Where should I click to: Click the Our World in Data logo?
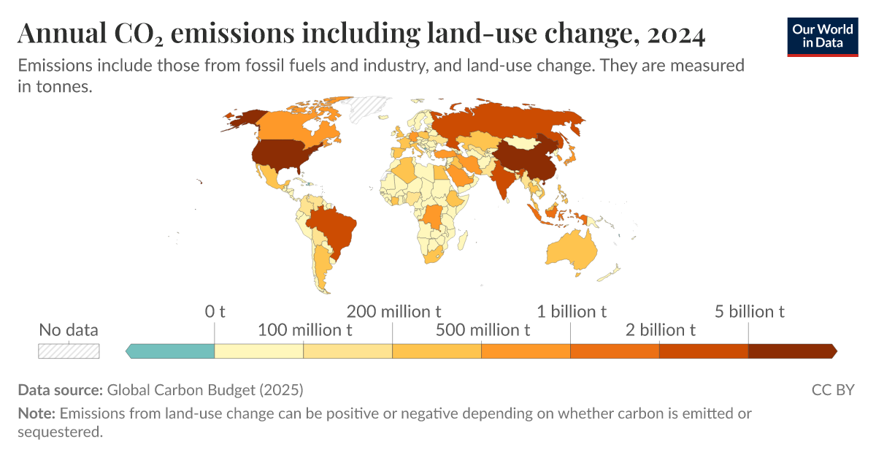coord(823,36)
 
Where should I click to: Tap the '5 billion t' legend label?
coord(749,312)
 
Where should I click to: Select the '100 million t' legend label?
coord(305,329)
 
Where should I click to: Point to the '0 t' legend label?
coord(215,312)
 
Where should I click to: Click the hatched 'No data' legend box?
coord(69,351)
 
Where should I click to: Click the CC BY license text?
coord(832,389)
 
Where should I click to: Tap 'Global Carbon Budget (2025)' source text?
coord(205,389)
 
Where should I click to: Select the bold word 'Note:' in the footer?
coord(36,413)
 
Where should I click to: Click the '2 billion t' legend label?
coord(660,329)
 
